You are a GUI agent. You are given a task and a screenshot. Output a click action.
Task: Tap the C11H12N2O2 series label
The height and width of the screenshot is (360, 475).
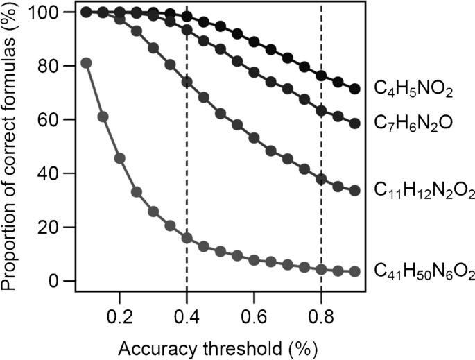[423, 190]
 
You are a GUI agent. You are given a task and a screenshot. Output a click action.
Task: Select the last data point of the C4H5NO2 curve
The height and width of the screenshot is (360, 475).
[355, 89]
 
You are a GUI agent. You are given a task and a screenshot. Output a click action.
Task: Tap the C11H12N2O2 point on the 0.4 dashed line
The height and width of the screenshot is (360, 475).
[187, 82]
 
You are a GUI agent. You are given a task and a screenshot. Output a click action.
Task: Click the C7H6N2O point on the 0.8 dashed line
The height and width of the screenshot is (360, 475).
[321, 111]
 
